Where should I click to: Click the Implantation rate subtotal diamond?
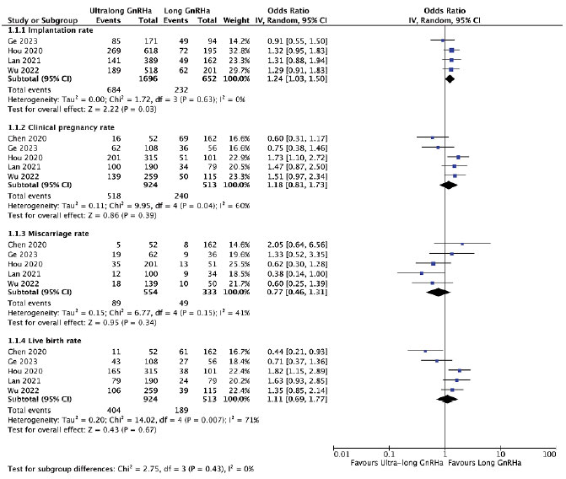(450, 78)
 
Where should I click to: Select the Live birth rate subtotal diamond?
(447, 399)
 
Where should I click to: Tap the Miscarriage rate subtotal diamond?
(439, 292)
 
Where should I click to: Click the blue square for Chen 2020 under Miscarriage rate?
(462, 244)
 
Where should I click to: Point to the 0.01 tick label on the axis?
(342, 454)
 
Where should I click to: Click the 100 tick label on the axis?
(549, 454)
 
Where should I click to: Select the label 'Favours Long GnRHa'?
(484, 463)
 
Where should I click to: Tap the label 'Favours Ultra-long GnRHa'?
(396, 463)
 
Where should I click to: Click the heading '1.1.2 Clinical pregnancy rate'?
(61, 127)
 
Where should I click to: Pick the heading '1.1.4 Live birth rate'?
(45, 341)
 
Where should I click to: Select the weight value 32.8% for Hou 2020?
(240, 51)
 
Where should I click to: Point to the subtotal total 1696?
(148, 78)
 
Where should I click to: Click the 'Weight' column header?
(236, 20)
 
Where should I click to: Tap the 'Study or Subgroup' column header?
(42, 20)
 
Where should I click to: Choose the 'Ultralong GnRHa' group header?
(121, 10)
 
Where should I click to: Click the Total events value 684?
(114, 90)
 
